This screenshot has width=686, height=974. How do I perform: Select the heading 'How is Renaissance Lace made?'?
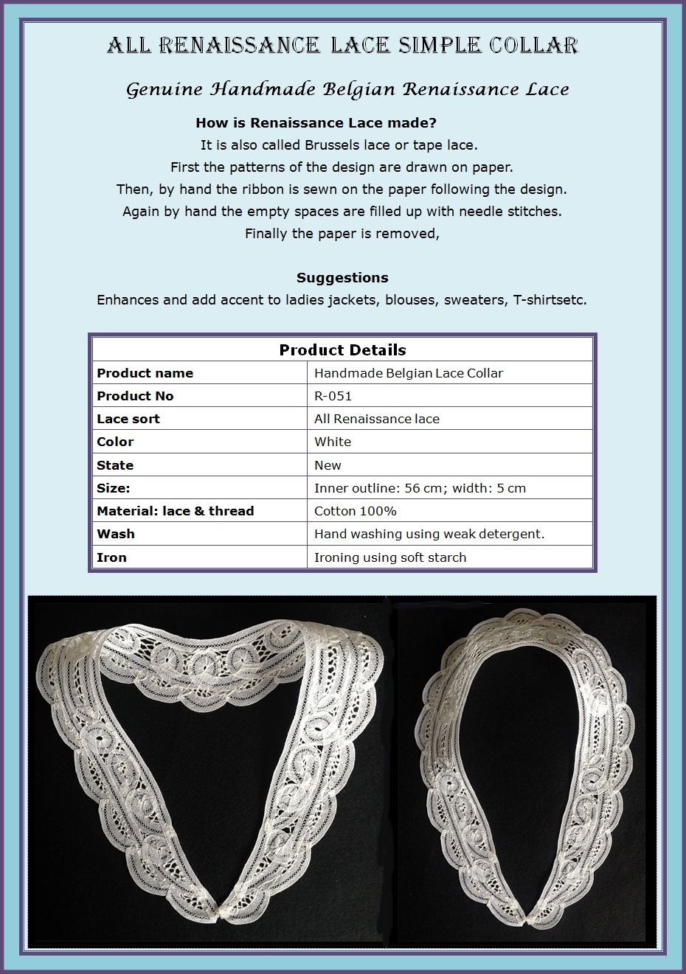tap(316, 122)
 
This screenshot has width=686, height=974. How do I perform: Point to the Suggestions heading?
tap(342, 278)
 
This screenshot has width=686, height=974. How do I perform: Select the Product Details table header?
tap(342, 349)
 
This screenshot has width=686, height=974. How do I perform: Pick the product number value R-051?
tap(333, 396)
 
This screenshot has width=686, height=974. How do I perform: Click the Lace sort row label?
tap(128, 419)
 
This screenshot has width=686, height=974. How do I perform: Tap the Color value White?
tap(333, 442)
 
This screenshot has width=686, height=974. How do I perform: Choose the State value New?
tap(328, 465)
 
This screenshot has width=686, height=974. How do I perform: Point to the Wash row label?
tap(116, 534)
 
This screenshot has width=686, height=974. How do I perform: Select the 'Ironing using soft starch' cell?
tap(390, 557)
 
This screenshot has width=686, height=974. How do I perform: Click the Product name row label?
tap(145, 373)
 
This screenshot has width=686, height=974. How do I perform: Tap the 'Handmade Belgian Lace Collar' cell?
tap(409, 373)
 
